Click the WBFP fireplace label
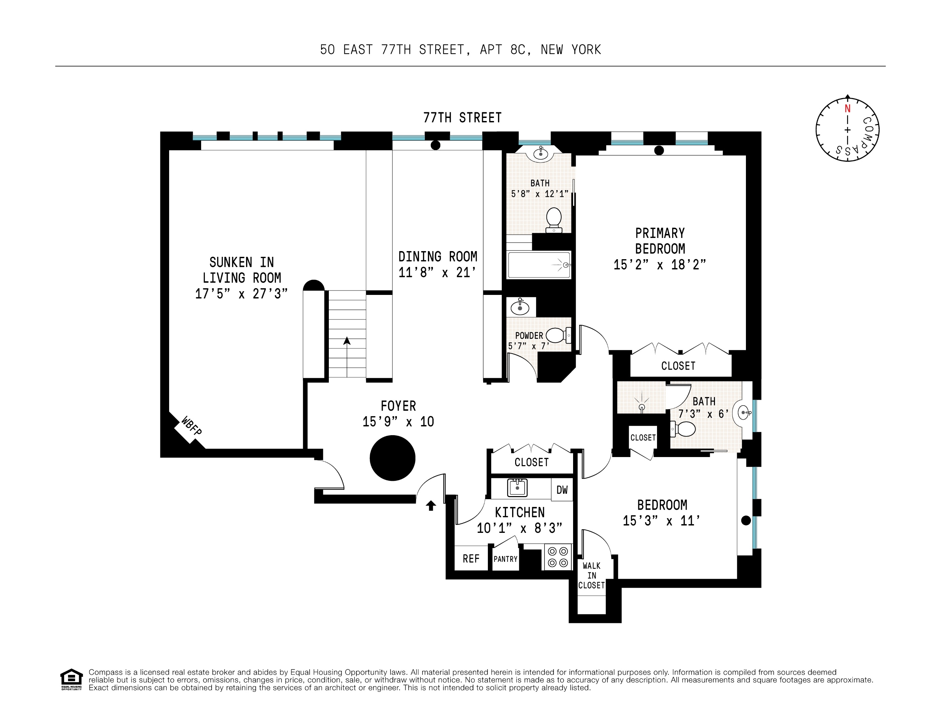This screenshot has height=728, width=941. pyautogui.click(x=191, y=426)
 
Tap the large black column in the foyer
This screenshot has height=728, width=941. pyautogui.click(x=392, y=458)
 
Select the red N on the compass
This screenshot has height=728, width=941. pyautogui.click(x=847, y=109)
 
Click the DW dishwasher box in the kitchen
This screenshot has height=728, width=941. pyautogui.click(x=562, y=490)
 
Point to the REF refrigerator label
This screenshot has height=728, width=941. pyautogui.click(x=471, y=558)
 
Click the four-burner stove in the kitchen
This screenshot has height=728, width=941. pyautogui.click(x=558, y=557)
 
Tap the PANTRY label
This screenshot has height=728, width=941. pyautogui.click(x=505, y=559)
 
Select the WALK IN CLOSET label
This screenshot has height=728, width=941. pyautogui.click(x=592, y=575)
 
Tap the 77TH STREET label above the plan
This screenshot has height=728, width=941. pyautogui.click(x=462, y=118)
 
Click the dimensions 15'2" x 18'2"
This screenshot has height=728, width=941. pyautogui.click(x=660, y=265)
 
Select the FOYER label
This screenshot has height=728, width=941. pyautogui.click(x=398, y=406)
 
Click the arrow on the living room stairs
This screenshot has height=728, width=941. pyautogui.click(x=347, y=341)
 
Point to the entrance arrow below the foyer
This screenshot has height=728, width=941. pyautogui.click(x=431, y=505)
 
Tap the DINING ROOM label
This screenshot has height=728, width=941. pyautogui.click(x=438, y=256)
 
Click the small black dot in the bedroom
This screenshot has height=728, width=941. pyautogui.click(x=746, y=520)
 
